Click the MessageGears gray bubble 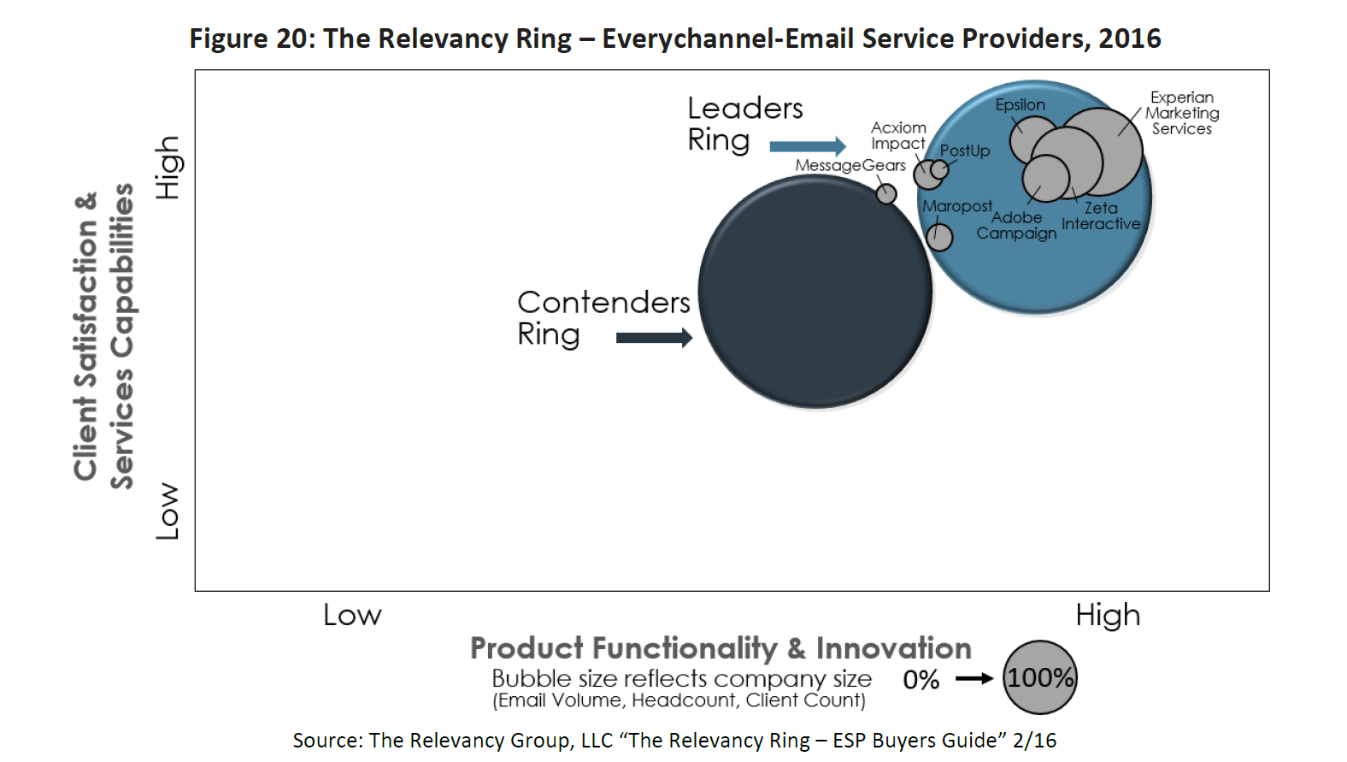click(x=886, y=193)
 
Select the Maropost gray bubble click(x=939, y=237)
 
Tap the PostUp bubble click(x=939, y=169)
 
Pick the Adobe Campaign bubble click(x=1045, y=178)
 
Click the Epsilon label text click(x=1020, y=105)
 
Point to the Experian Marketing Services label click(x=1182, y=113)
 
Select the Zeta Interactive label click(x=1101, y=216)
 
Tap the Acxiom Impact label click(x=898, y=135)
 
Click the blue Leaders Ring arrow click(x=807, y=146)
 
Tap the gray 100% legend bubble click(x=1039, y=677)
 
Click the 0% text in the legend click(x=921, y=680)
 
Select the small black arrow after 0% click(x=973, y=678)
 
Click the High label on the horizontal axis click(x=1108, y=615)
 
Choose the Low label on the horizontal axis click(x=352, y=615)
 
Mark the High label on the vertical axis click(x=168, y=168)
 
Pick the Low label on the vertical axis click(x=168, y=511)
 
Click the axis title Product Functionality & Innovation click(x=721, y=648)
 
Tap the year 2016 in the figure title click(x=1130, y=38)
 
